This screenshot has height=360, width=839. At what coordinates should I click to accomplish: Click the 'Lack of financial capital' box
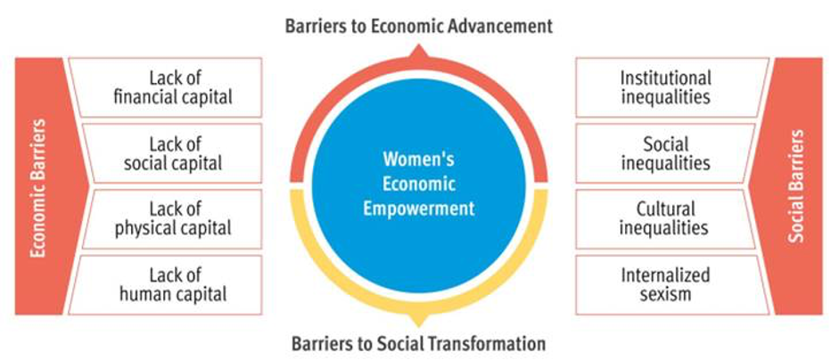pyautogui.click(x=165, y=87)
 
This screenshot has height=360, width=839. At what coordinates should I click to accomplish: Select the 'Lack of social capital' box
pyautogui.click(x=171, y=153)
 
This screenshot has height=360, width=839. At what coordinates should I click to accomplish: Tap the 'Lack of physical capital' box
pyautogui.click(x=171, y=219)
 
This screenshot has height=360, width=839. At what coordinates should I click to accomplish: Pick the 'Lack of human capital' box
pyautogui.click(x=165, y=284)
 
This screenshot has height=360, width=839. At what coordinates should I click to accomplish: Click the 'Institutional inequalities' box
pyautogui.click(x=672, y=87)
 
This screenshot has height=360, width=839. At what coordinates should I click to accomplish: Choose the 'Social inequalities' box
pyautogui.click(x=666, y=153)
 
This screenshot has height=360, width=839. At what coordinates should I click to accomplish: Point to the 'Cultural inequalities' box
pyautogui.click(x=666, y=219)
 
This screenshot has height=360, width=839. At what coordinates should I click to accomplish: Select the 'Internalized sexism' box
pyautogui.click(x=672, y=284)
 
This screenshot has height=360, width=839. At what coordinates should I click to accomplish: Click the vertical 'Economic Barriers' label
pyautogui.click(x=38, y=188)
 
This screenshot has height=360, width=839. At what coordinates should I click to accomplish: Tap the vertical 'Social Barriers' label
pyautogui.click(x=797, y=185)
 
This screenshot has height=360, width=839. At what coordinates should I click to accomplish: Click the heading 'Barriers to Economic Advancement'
pyautogui.click(x=418, y=27)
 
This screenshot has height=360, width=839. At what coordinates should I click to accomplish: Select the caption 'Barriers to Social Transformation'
pyautogui.click(x=418, y=343)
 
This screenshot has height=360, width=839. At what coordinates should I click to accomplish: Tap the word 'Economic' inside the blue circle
pyautogui.click(x=418, y=184)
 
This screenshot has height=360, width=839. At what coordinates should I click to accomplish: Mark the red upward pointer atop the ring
pyautogui.click(x=418, y=52)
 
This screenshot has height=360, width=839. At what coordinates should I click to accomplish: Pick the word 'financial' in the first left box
pyautogui.click(x=143, y=97)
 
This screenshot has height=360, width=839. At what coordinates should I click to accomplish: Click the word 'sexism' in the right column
pyautogui.click(x=665, y=294)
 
